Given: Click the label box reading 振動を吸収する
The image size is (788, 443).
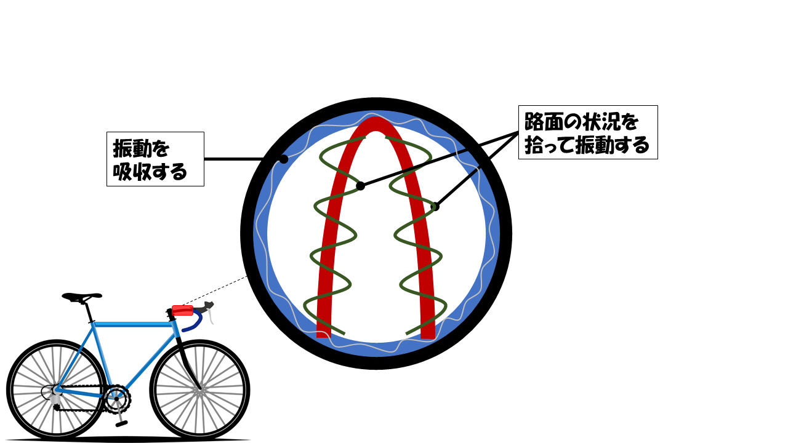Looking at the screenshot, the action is tap(155, 159).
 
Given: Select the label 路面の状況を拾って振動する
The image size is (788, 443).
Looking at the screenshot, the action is tap(588, 132).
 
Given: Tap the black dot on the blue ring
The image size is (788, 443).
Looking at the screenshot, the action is tap(283, 159).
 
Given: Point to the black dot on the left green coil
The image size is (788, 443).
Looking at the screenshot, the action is tap(361, 186).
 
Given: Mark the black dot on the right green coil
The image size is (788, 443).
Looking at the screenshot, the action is tap(435, 207).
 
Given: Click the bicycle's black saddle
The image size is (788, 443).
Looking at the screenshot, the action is tap(81, 297).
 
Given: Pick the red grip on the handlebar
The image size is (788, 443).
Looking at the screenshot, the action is tap(183, 310).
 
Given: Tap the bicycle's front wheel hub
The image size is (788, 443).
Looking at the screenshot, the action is tap(199, 390).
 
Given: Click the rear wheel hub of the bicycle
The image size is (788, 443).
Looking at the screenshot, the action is tap(55, 390).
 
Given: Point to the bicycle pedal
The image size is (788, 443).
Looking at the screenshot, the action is tap(122, 423).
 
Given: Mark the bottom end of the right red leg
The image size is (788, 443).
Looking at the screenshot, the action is tap(428, 333).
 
